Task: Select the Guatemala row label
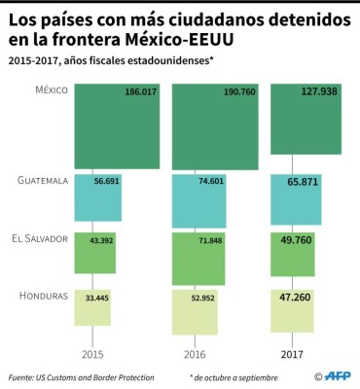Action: [42, 181]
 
